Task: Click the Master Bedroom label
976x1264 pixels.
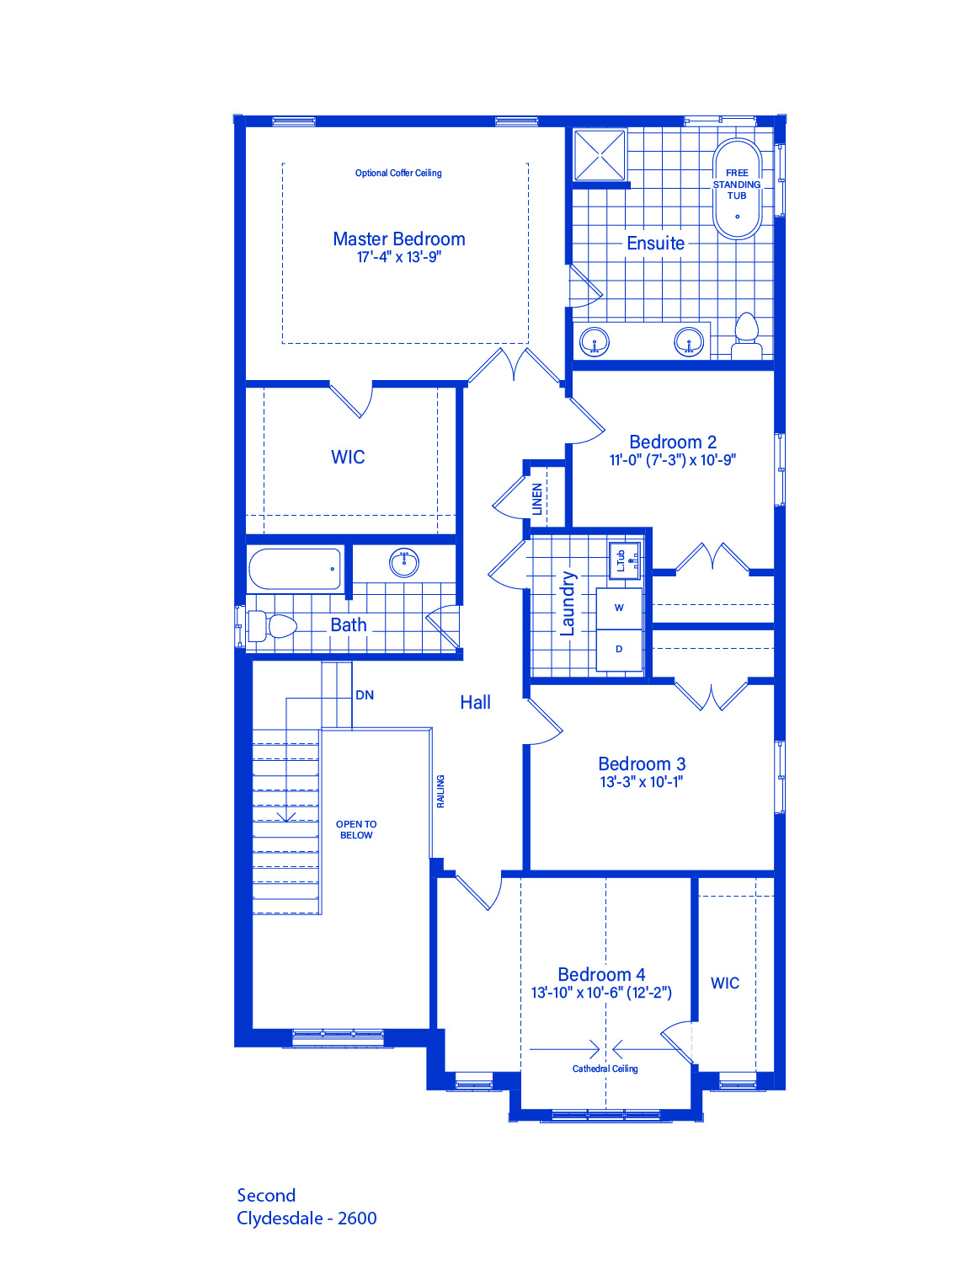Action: [399, 239]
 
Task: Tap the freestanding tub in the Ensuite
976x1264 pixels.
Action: [737, 188]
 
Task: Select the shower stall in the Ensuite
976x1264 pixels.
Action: [600, 155]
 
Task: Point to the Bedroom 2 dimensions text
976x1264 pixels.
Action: [673, 460]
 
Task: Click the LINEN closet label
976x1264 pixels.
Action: [537, 499]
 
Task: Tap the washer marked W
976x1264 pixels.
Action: [619, 608]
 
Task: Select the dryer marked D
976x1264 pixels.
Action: [619, 650]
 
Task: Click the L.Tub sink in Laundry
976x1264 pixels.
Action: [624, 560]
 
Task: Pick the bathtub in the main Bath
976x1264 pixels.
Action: [295, 569]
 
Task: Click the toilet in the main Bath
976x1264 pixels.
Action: [272, 626]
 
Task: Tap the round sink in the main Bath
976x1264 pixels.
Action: [404, 563]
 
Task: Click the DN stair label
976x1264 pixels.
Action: [365, 695]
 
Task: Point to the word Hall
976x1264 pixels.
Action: [475, 703]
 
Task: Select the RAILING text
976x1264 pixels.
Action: [440, 791]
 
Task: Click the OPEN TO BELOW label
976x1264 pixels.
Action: [356, 829]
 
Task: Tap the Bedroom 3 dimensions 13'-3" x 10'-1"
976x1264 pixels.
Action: [641, 782]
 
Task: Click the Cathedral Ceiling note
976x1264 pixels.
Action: [605, 1069]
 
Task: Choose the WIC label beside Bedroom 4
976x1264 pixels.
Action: [725, 983]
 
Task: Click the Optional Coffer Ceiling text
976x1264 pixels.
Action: [398, 173]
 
